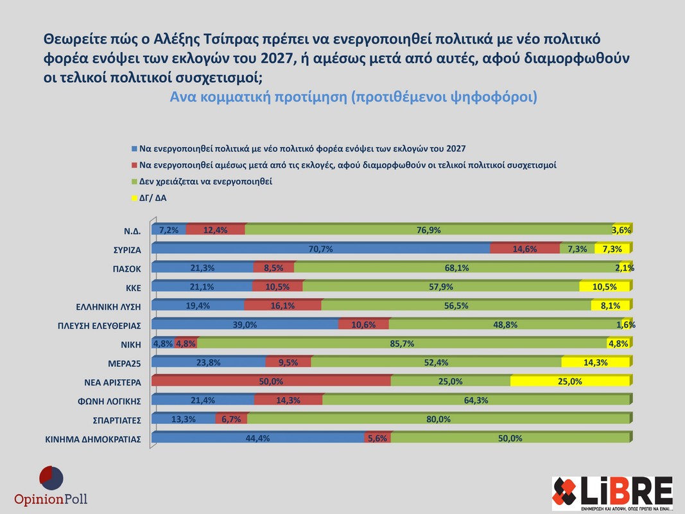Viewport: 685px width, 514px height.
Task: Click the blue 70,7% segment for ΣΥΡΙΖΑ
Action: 321,249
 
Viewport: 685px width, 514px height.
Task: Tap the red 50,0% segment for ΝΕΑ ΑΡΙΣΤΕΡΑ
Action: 271,381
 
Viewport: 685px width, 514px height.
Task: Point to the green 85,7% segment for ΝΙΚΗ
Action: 403,344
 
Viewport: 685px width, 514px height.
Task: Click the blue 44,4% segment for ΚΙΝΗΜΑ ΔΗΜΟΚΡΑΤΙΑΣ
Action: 258,438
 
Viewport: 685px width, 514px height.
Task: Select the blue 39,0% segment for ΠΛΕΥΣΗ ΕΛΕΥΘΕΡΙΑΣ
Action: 245,324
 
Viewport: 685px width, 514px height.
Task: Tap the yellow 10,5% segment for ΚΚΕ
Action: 604,287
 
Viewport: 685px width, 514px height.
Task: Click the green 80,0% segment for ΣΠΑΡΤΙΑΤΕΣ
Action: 438,419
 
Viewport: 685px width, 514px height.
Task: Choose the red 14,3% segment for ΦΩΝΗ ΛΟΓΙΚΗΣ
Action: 288,400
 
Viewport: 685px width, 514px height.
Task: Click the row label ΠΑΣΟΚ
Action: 126,269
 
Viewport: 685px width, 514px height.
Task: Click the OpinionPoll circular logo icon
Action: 51,479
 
